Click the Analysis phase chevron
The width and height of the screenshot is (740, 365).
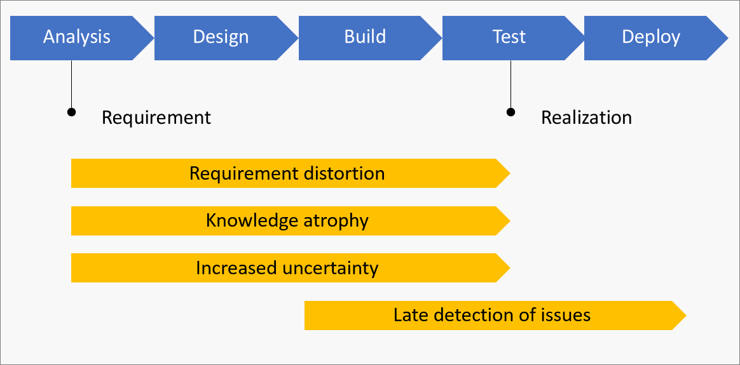(77, 37)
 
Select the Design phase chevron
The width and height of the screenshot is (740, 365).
(221, 37)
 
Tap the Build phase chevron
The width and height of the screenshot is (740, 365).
(365, 37)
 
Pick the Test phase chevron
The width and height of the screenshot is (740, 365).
(509, 37)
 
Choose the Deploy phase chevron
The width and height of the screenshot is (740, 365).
(651, 37)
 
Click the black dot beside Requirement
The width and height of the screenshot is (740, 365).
(72, 112)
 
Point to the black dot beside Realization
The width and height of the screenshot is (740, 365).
(510, 112)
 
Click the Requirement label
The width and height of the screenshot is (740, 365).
(156, 117)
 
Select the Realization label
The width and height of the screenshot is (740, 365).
(586, 117)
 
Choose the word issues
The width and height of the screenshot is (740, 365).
(565, 315)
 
